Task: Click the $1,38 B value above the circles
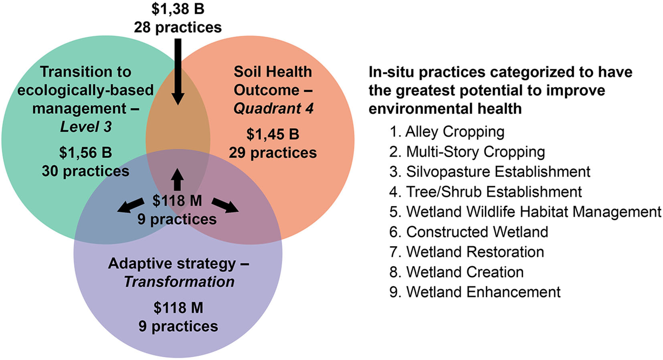pos(178,8)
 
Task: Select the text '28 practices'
pos(178,27)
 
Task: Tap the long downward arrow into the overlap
pos(178,72)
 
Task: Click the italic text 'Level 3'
pos(86,127)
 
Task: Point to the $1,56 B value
pos(85,152)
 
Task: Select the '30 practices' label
pos(85,171)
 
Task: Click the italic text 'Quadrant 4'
pos(273,109)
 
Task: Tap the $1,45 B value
pos(273,134)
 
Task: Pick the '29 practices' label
pos(273,153)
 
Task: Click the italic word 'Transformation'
pos(179,282)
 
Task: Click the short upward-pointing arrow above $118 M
pos(177,180)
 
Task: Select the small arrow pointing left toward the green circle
pos(131,206)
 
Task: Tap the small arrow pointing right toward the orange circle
pos(225,206)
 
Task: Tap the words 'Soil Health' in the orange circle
pos(273,72)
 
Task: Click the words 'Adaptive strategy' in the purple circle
pos(172,263)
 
